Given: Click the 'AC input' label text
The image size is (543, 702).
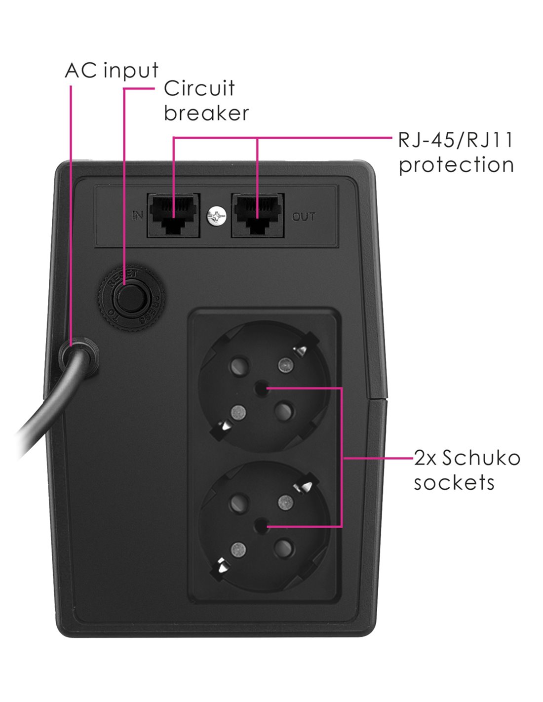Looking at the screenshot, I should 112,71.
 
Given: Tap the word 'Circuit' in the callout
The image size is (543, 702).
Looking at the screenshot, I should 199,89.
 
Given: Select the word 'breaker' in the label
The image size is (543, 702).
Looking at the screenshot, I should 206,113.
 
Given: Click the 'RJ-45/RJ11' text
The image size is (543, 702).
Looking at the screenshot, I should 456,141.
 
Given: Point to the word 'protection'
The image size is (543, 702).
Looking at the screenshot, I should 457,165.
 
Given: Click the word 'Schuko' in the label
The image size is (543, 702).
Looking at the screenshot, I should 481,458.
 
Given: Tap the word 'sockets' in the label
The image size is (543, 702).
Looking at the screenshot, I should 454,482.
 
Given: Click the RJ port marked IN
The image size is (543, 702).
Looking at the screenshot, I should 174,215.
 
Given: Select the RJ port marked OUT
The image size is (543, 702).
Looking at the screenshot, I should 258,215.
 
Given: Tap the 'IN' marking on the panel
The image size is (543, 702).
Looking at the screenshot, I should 138,216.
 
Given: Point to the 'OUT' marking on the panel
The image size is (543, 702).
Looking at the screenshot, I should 304,217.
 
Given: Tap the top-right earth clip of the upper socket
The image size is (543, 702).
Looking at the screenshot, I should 300,351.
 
